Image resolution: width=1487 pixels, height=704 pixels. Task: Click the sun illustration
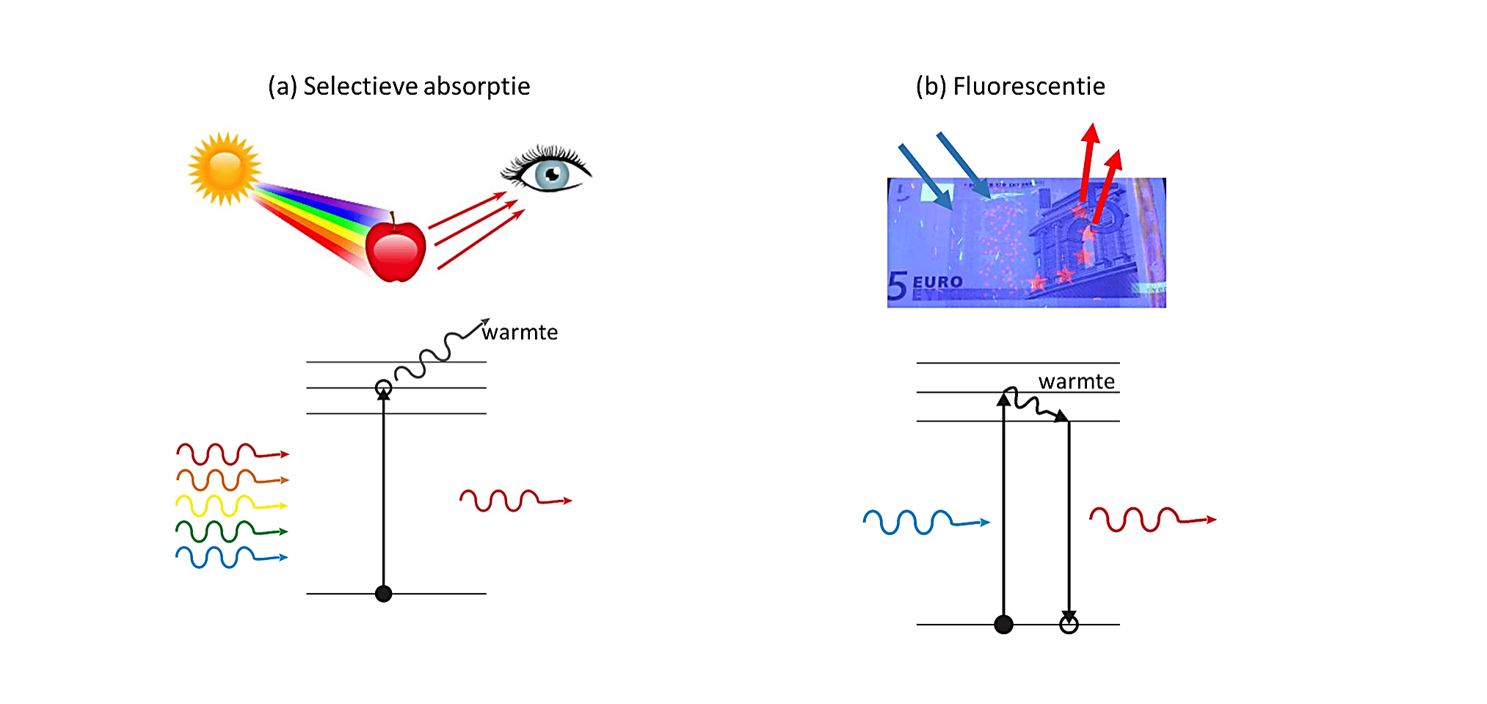(225, 168)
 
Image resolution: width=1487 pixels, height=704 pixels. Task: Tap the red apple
(396, 250)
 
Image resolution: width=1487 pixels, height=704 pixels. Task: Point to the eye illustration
(546, 170)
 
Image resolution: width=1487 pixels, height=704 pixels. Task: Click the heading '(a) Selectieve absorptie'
(399, 87)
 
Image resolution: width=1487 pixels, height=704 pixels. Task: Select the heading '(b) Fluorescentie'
(1010, 87)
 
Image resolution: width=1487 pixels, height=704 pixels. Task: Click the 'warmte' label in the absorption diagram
(520, 333)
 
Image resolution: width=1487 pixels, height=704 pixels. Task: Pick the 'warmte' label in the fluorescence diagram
(1077, 382)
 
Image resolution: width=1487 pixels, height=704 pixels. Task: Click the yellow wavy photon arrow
(231, 506)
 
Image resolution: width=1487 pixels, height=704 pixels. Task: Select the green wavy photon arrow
(231, 531)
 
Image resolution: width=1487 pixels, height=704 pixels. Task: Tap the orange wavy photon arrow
(232, 480)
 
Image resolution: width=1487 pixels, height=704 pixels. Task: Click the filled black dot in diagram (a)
(383, 593)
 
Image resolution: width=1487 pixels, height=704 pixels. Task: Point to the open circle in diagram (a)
(383, 388)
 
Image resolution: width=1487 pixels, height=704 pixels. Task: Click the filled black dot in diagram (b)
(1003, 625)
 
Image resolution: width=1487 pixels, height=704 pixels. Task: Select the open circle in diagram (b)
(1069, 625)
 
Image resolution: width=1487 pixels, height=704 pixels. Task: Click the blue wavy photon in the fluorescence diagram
(926, 522)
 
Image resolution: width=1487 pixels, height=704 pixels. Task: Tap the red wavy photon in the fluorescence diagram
(1152, 519)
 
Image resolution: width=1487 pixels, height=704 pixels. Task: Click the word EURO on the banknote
(937, 282)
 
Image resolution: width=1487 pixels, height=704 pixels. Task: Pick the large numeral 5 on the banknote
(897, 286)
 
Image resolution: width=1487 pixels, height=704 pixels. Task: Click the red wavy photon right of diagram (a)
(515, 501)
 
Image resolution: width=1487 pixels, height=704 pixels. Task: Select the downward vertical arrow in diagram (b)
(1069, 521)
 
